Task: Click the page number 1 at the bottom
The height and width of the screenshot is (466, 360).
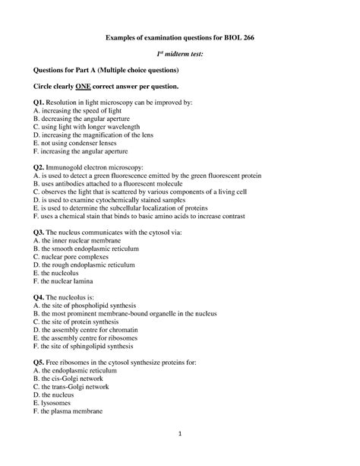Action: point(181,435)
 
